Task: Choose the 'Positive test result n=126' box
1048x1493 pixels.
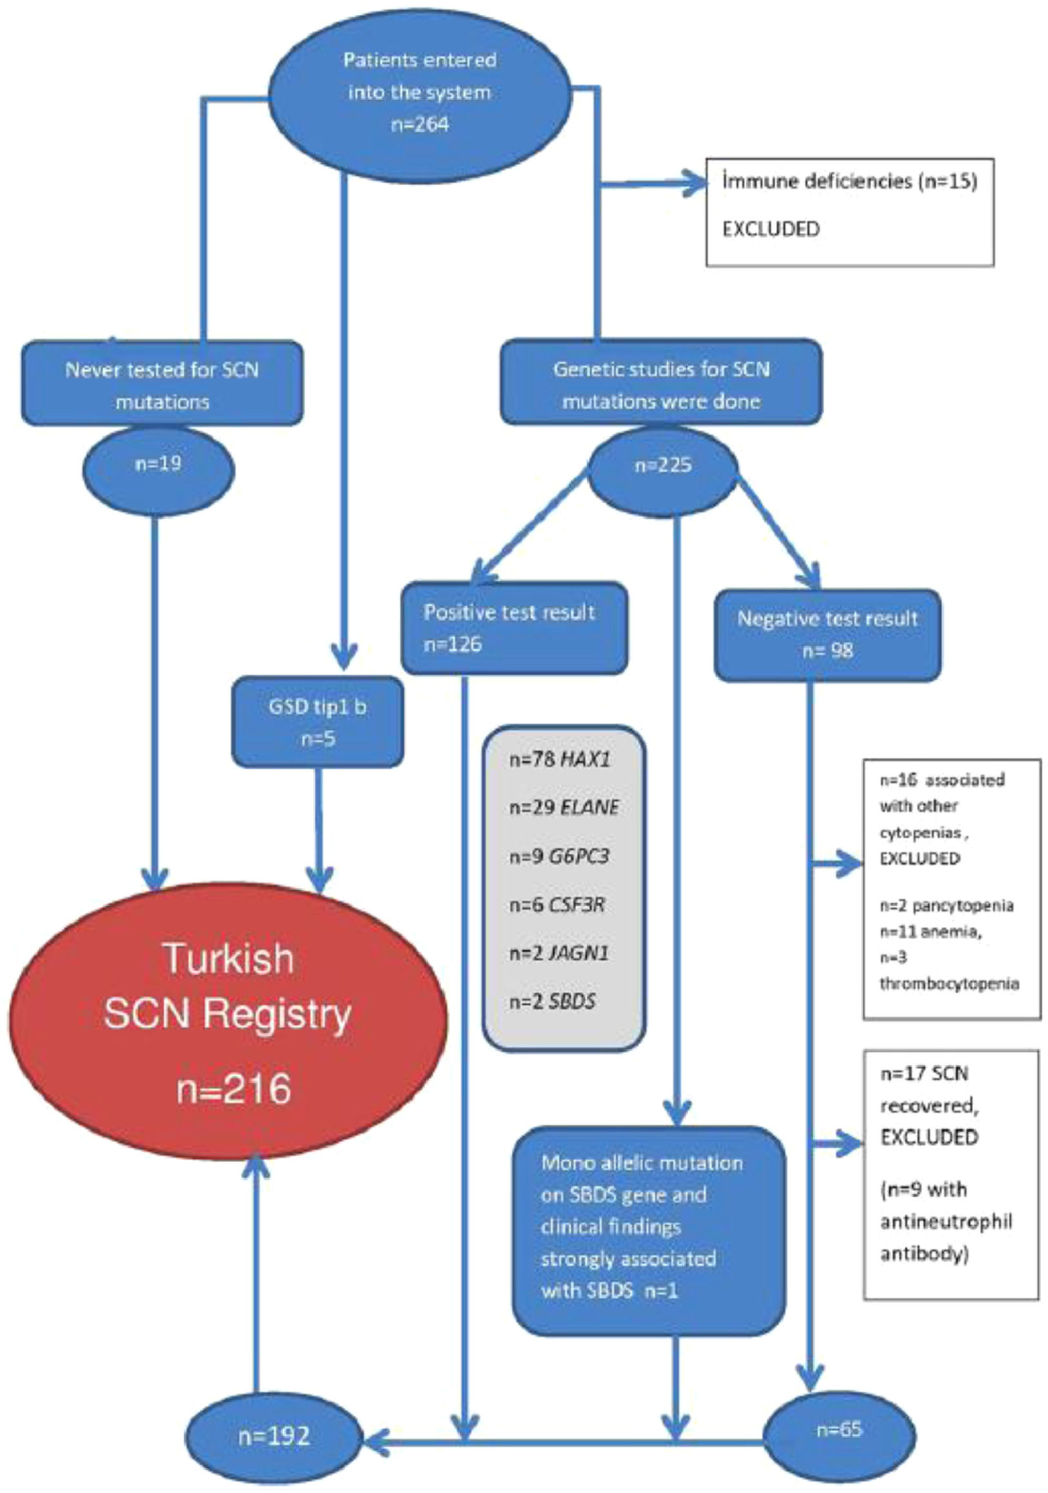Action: point(515,628)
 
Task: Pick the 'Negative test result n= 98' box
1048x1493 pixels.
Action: point(827,635)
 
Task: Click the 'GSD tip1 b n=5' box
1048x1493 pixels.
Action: point(318,722)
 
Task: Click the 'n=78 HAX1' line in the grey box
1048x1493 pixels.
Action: point(560,759)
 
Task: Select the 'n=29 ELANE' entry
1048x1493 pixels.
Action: point(564,807)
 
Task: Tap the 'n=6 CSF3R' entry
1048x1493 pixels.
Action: point(557,905)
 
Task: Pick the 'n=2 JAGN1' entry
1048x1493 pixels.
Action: point(559,953)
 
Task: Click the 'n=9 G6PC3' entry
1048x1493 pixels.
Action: point(559,856)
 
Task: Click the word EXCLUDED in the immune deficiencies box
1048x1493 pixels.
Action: point(771,229)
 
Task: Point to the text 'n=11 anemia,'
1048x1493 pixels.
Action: point(929,932)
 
